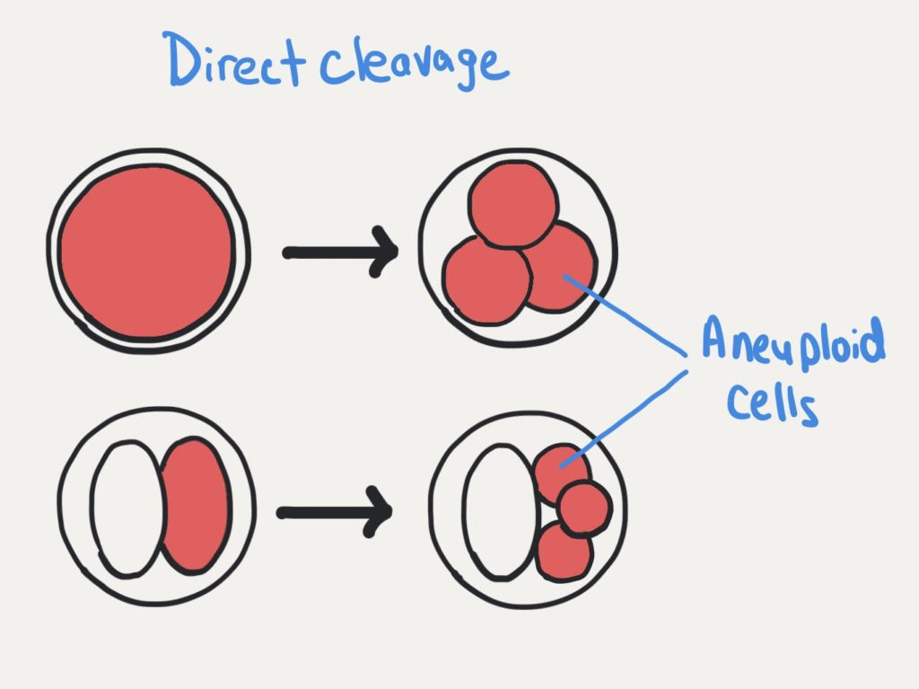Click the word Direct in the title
[x=235, y=59]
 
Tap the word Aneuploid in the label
[x=793, y=340]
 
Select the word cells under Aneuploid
[x=772, y=403]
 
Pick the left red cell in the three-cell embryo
[x=486, y=280]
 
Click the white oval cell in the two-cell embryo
[x=127, y=508]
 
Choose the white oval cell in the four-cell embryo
[x=500, y=512]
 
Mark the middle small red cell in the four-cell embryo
[x=583, y=508]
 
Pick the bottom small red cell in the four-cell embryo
[x=564, y=552]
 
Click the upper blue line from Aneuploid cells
[x=625, y=315]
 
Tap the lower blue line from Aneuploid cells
[x=624, y=419]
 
